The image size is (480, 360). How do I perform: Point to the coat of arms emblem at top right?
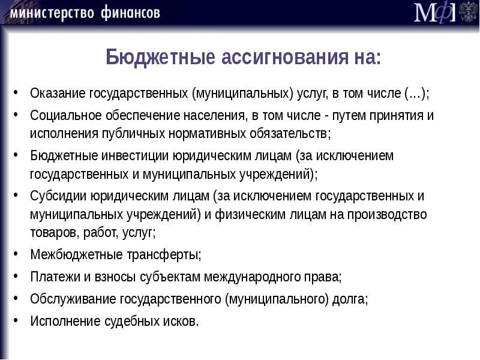click(x=468, y=12)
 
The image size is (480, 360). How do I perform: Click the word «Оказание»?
click(x=58, y=94)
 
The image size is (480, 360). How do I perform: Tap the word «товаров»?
click(x=52, y=232)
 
